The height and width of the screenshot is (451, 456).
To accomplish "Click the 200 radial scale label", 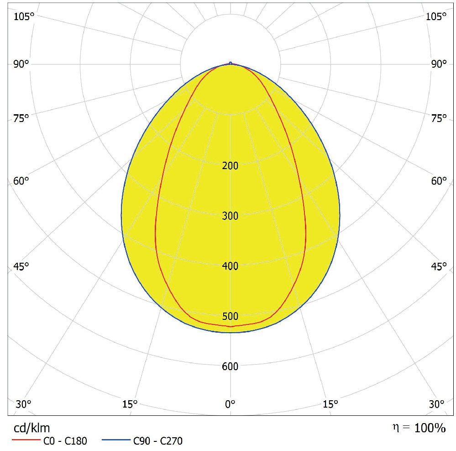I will click(230, 165).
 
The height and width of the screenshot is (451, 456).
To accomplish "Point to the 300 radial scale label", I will click(230, 216).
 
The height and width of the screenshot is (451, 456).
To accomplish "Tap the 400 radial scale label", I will click(230, 266).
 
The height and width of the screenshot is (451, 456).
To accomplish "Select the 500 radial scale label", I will click(230, 316).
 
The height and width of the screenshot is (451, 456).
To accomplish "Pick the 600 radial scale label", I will click(230, 366).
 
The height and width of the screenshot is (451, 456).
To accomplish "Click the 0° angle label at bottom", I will click(230, 404).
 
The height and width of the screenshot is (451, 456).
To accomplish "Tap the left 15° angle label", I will click(130, 404).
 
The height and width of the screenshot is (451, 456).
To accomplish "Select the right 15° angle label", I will click(330, 404).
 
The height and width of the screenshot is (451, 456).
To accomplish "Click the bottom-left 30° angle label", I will click(24, 404).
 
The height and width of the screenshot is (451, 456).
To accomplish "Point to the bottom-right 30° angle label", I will click(437, 404).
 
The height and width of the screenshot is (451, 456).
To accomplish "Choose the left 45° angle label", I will click(21, 266).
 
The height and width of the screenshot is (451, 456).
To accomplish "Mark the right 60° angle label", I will click(439, 181).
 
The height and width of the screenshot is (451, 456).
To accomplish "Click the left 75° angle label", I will click(21, 118).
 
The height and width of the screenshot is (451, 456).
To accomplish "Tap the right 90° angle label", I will click(439, 64).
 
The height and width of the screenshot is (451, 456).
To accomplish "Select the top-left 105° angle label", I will click(24, 17).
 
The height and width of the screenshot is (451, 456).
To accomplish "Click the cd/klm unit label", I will click(30, 428).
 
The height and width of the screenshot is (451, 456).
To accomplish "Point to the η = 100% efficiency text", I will click(419, 428).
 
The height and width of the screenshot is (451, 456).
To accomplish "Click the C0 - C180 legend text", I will click(65, 441).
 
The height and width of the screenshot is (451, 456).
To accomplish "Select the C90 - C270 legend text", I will click(158, 441).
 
